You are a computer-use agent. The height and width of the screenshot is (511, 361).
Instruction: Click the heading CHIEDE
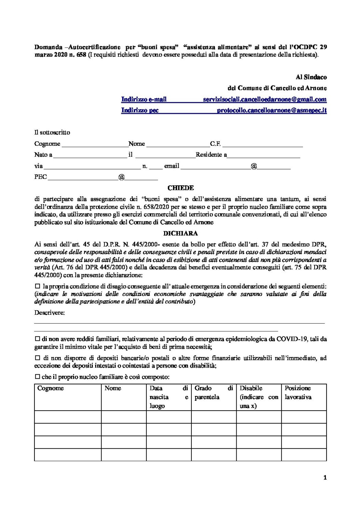(180, 188)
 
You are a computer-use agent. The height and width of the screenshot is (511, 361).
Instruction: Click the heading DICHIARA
(180, 234)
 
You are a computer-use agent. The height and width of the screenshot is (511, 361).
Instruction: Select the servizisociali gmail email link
(264, 99)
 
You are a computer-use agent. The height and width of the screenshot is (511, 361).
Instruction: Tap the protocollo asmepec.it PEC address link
(272, 110)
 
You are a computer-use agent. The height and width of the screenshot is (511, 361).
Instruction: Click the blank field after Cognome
(95, 144)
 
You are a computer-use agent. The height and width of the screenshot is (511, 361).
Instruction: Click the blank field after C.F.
(263, 144)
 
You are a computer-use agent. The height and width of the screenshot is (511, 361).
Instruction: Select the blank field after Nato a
(90, 155)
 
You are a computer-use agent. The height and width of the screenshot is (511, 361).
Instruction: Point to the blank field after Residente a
(264, 155)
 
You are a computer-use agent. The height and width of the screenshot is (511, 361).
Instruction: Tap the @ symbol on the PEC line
(122, 177)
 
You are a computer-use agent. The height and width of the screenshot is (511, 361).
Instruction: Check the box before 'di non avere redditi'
(37, 339)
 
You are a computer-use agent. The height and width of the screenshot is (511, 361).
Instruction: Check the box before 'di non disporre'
(37, 358)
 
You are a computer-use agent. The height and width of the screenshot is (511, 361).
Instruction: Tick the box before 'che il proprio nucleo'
(37, 377)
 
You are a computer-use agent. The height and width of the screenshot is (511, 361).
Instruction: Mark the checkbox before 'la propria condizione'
(38, 286)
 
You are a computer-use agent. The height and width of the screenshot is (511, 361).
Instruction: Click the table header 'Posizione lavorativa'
(298, 392)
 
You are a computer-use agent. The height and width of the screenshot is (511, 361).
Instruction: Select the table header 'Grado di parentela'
(213, 392)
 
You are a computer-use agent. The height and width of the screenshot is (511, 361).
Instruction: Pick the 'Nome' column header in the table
(113, 388)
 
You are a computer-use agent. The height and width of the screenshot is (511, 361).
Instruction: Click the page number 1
(325, 477)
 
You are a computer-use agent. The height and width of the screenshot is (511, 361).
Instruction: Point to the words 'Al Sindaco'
(311, 77)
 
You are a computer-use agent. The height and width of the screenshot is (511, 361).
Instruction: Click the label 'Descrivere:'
(50, 313)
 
